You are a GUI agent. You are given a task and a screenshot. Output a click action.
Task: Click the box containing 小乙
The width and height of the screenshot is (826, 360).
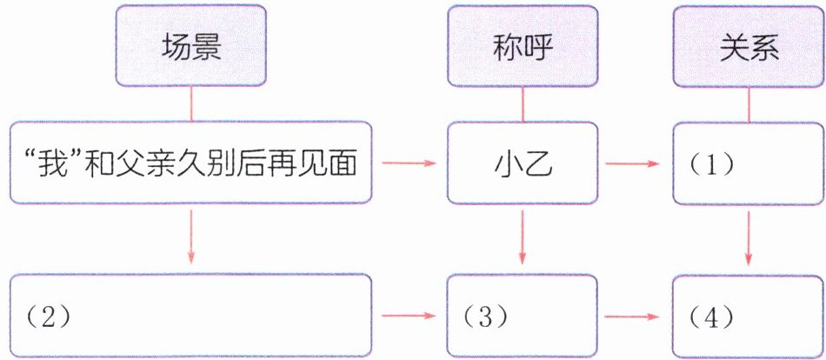tap(523, 163)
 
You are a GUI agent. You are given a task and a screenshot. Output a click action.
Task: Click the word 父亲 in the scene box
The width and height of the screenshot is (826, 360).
tap(158, 163)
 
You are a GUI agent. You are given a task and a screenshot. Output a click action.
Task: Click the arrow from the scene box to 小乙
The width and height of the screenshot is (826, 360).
tap(410, 163)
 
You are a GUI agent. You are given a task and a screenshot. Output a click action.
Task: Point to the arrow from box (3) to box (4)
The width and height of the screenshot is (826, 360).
tap(635, 315)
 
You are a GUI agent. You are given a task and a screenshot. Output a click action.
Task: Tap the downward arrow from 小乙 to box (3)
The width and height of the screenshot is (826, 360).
tap(523, 235)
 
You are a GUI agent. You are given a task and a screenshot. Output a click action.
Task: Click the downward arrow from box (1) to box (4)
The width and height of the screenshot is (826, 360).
tap(749, 235)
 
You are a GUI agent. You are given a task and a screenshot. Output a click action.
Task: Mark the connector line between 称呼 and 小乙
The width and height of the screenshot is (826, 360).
tap(523, 105)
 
